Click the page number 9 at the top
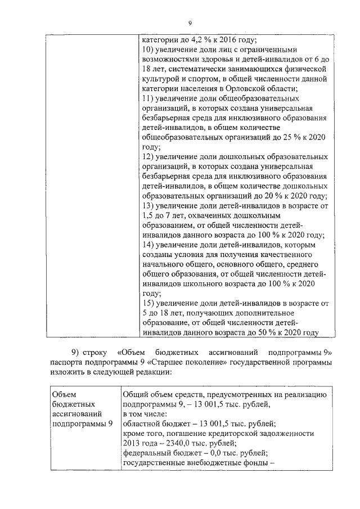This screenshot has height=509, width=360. point(190,22)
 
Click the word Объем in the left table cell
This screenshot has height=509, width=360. point(62,395)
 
